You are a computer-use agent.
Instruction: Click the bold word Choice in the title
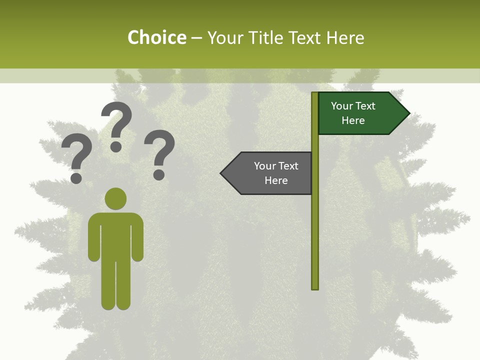click(156, 37)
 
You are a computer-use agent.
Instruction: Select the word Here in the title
click(345, 37)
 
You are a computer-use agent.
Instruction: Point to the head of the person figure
click(115, 199)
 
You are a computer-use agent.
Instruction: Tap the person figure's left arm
click(94, 240)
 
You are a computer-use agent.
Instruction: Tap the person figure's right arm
click(137, 240)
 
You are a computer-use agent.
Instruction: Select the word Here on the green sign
click(353, 120)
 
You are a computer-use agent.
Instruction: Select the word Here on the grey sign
click(276, 180)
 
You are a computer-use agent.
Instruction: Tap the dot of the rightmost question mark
click(159, 175)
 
